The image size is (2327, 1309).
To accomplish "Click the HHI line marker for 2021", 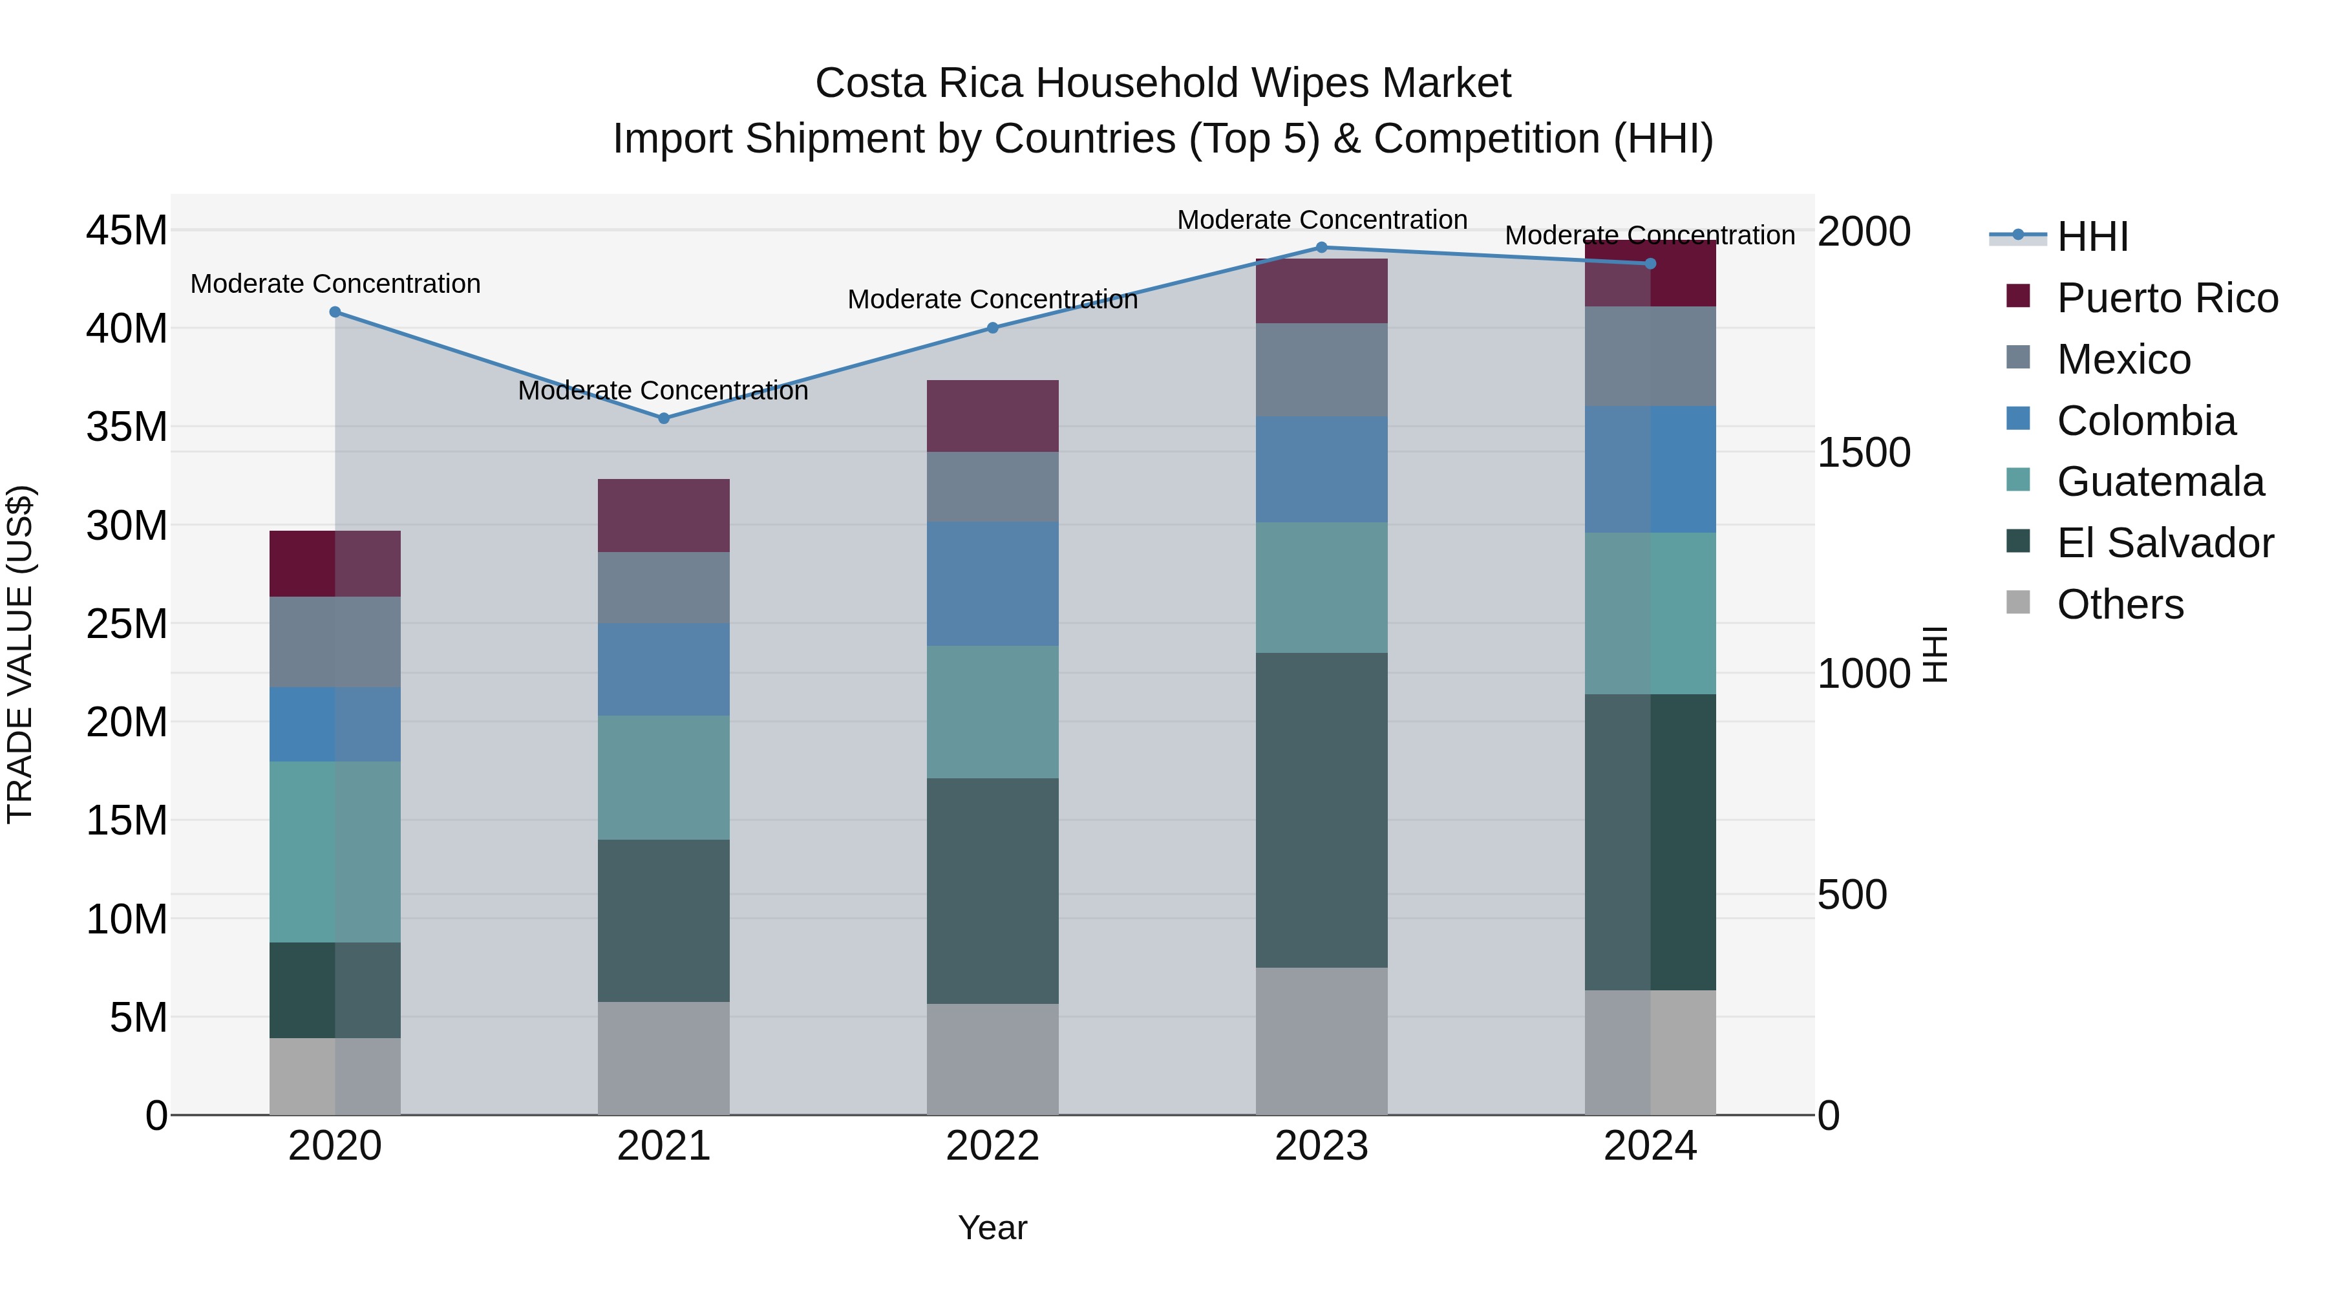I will [x=663, y=418].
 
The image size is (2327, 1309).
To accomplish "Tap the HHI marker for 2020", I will [x=335, y=312].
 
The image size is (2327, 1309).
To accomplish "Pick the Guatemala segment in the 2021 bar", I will [x=663, y=777].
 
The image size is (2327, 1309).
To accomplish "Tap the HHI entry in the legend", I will [x=2092, y=237].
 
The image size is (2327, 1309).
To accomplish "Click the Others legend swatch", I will [x=2018, y=602].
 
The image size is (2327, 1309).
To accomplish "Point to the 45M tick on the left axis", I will [x=127, y=230].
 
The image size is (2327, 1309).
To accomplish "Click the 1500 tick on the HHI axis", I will [x=1863, y=452].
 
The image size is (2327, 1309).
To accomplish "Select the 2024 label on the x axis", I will [x=1650, y=1146].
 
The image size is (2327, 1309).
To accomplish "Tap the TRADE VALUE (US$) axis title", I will [x=20, y=654].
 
